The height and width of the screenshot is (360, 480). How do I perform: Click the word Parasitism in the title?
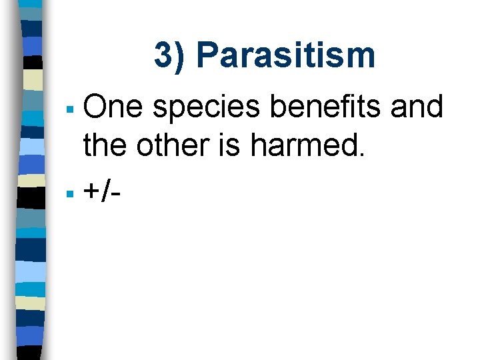[x=285, y=55]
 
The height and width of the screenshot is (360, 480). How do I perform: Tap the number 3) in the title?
[x=171, y=55]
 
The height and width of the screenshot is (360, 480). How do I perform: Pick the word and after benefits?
[x=417, y=107]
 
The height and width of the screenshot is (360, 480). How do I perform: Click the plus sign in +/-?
[x=91, y=193]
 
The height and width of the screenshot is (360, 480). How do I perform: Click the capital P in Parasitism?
[x=208, y=55]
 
